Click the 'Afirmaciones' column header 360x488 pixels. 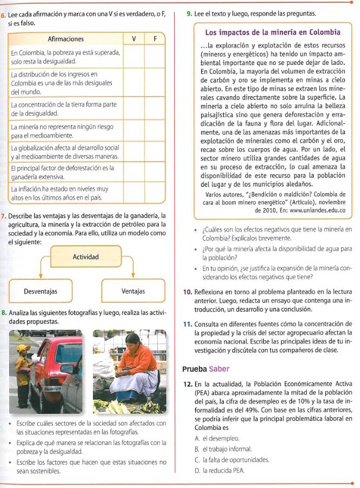tap(66, 39)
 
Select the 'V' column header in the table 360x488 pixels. tap(134, 39)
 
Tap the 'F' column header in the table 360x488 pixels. tap(155, 39)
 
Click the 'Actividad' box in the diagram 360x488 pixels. tap(85, 256)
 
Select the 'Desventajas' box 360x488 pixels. tap(41, 292)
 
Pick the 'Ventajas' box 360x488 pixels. tap(133, 292)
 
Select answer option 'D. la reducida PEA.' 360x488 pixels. tap(221, 471)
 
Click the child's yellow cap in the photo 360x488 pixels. tap(23, 348)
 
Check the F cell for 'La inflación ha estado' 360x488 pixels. tap(155, 194)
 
